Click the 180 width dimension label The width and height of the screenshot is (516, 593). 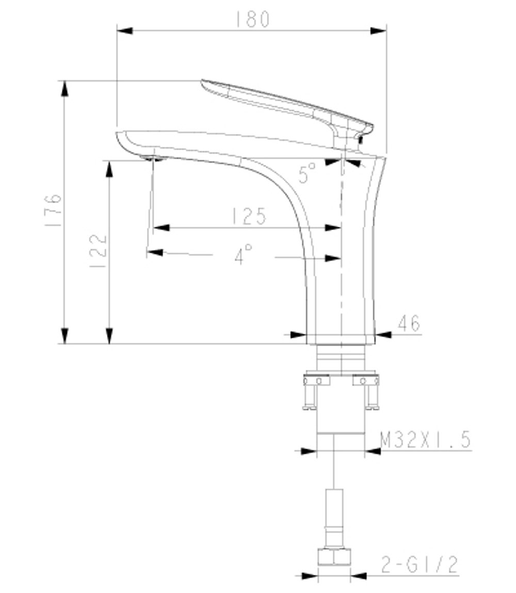click(252, 19)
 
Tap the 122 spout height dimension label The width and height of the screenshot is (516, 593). click(98, 252)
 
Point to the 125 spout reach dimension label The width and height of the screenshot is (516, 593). click(249, 217)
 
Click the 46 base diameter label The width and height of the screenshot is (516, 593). click(409, 324)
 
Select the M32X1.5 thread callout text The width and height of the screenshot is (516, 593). click(425, 440)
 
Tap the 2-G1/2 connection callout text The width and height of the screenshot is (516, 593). click(420, 565)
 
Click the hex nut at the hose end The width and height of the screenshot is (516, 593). click(334, 557)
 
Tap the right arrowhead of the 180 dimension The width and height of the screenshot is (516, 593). click(379, 31)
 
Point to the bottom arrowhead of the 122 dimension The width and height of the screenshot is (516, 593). click(109, 336)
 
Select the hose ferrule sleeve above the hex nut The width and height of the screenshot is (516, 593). click(334, 518)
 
